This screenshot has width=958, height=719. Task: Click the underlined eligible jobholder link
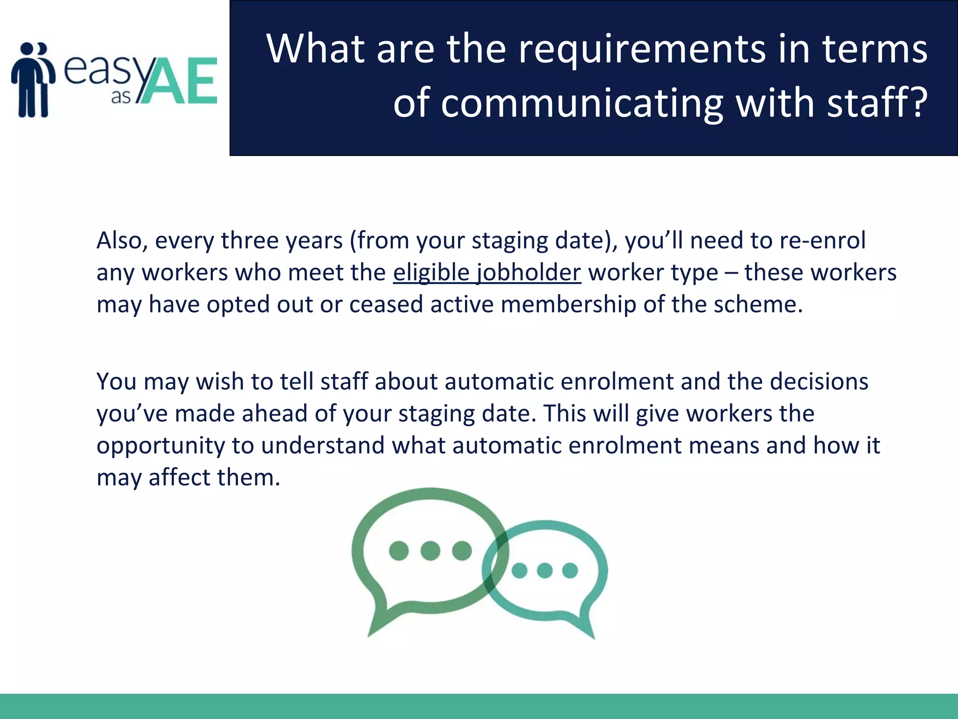click(x=487, y=273)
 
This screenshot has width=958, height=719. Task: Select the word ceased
click(x=386, y=305)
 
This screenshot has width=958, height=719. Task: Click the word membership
click(x=568, y=305)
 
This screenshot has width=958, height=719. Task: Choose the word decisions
click(x=819, y=382)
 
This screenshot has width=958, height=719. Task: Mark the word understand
click(x=323, y=445)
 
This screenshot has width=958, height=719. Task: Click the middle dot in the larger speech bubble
click(x=430, y=550)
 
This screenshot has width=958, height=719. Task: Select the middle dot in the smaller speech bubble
click(x=544, y=571)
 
